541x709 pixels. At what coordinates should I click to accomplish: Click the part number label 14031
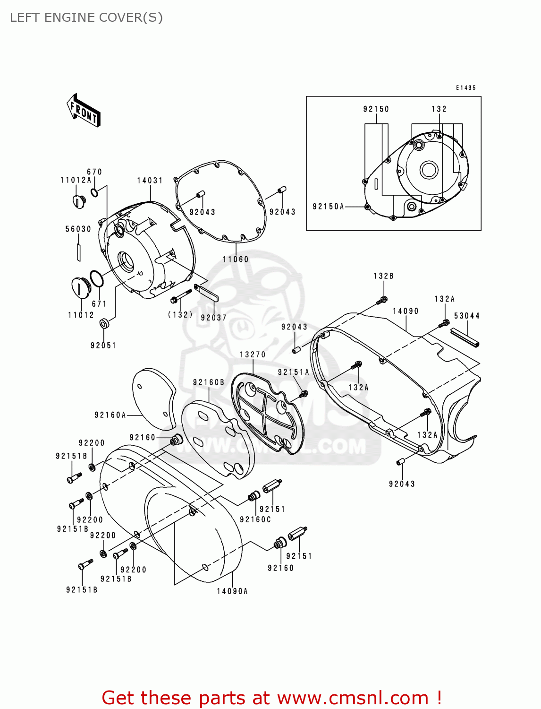click(x=150, y=181)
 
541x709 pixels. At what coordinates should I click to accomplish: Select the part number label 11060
click(x=236, y=259)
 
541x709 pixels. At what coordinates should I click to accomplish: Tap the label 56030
click(x=78, y=229)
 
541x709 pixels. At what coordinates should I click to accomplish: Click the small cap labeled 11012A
click(x=78, y=201)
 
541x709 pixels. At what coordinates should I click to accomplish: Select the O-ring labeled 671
click(x=96, y=279)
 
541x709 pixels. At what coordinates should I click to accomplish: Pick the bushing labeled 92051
click(x=104, y=324)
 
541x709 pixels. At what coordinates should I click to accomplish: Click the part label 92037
click(x=213, y=318)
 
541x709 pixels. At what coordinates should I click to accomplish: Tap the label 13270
click(x=253, y=354)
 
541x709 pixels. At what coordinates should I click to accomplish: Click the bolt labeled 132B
click(x=383, y=299)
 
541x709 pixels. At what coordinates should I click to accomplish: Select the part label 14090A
click(x=232, y=591)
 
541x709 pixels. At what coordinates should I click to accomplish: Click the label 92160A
click(x=110, y=415)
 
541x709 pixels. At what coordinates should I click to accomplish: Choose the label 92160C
click(x=255, y=519)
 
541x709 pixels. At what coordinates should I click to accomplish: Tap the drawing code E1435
click(x=465, y=88)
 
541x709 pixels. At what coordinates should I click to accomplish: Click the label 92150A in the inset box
click(x=329, y=207)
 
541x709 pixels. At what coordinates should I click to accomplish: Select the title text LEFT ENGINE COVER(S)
click(x=86, y=17)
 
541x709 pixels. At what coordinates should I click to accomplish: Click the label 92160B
click(x=209, y=382)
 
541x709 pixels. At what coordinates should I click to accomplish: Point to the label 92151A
click(x=293, y=372)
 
